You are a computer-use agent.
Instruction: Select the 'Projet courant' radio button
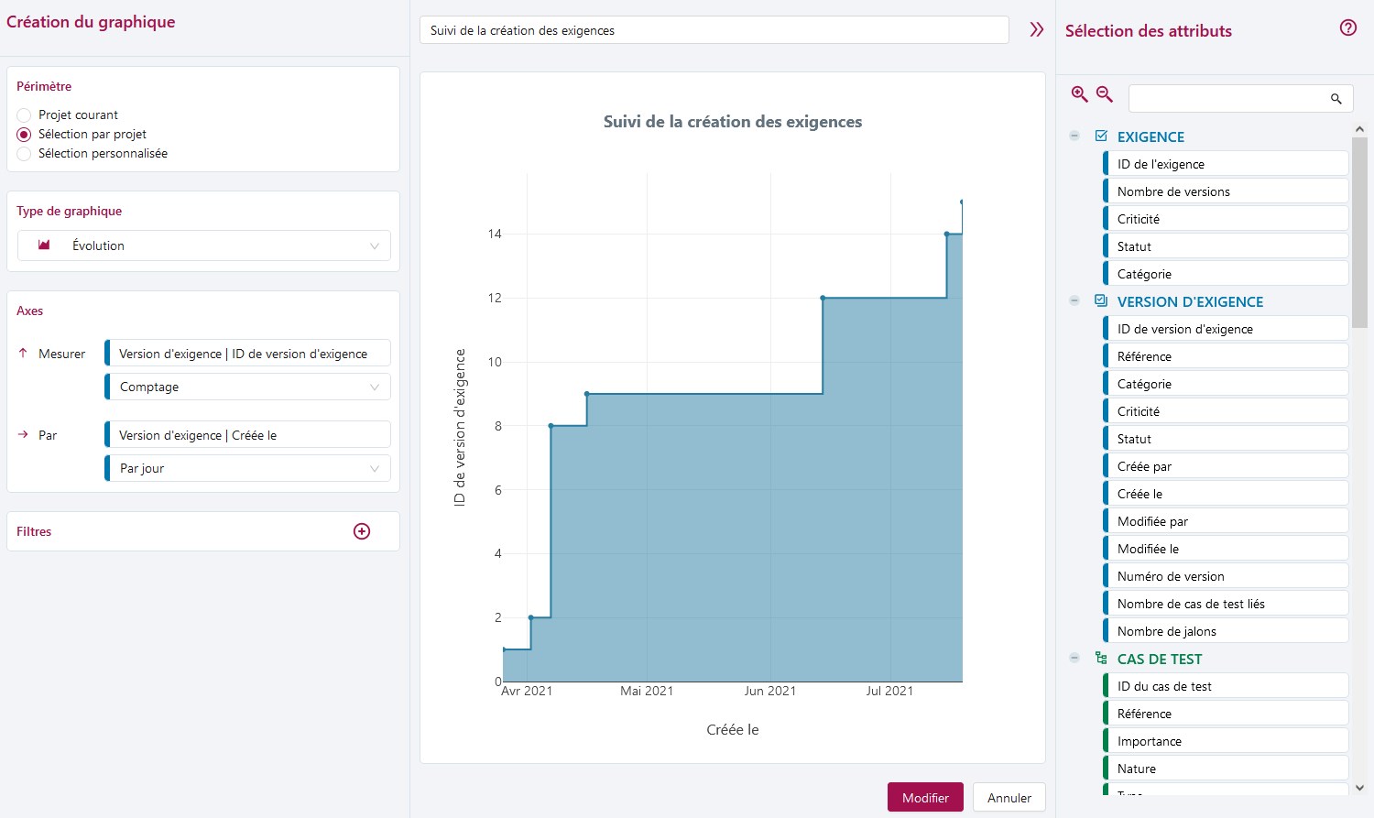pos(25,115)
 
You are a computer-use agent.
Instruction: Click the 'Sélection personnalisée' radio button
pos(25,154)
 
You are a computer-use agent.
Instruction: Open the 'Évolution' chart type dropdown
pos(204,245)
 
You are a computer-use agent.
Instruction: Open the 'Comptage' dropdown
pos(248,387)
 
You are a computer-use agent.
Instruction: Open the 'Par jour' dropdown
pos(248,468)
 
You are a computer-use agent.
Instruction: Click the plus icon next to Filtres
pos(362,531)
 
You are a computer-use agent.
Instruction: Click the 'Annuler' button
pos(1009,798)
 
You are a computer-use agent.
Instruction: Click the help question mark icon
pos(1347,28)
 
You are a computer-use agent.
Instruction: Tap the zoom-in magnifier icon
pos(1080,94)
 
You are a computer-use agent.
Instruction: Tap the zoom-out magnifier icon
pos(1105,94)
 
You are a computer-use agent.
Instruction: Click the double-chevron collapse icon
pos(1036,30)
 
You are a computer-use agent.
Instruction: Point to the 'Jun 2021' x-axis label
pos(769,691)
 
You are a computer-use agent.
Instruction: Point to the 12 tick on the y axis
pos(495,298)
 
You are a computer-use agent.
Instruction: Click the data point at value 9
pos(586,394)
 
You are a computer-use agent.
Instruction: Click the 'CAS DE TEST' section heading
pos(1159,659)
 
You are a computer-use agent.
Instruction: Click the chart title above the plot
pos(732,122)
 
